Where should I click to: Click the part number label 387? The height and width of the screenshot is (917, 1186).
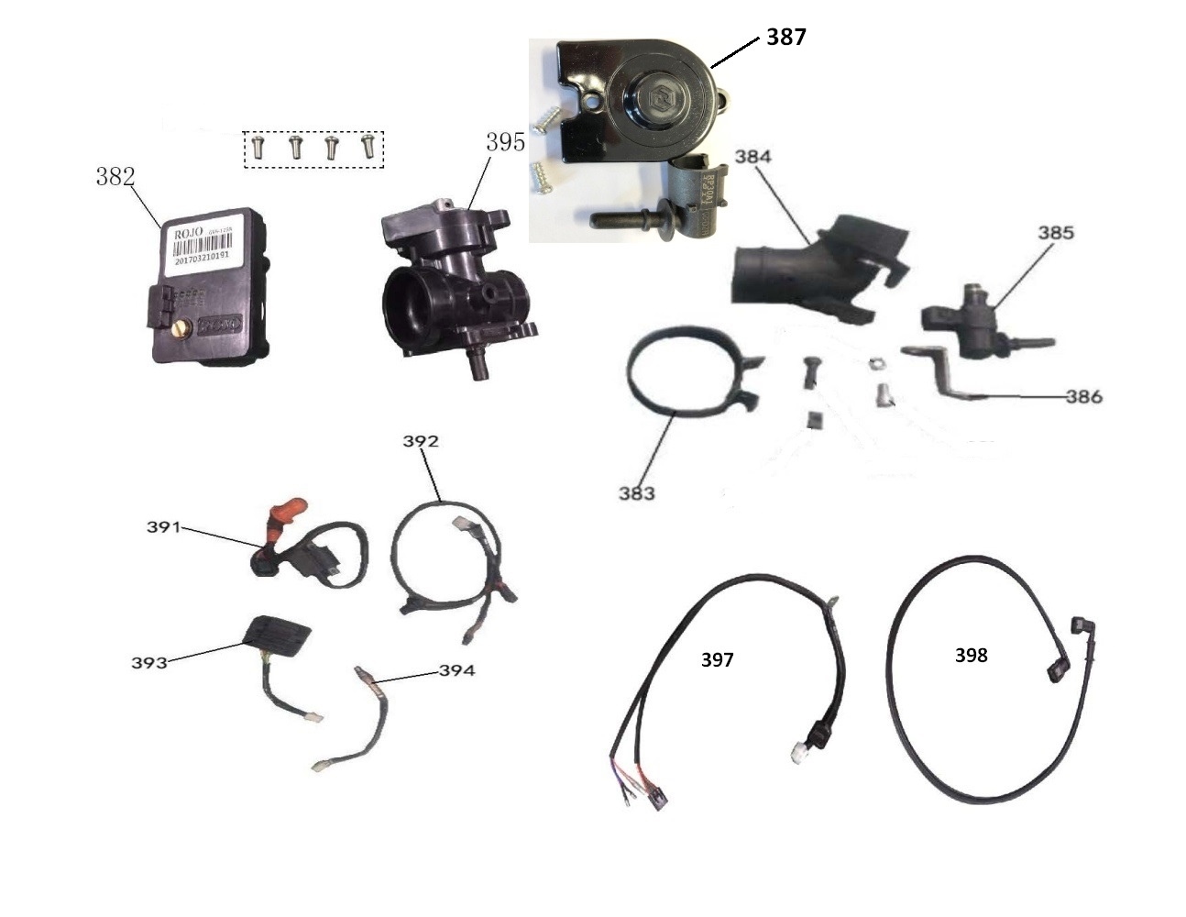785,38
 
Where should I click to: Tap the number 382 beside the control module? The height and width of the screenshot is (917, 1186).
115,177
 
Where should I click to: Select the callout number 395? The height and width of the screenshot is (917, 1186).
505,142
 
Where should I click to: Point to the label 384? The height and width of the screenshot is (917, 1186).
752,157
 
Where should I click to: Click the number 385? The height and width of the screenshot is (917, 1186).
1055,233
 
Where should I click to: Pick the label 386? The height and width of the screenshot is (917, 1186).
1083,397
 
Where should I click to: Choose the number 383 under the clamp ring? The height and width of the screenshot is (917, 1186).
636,493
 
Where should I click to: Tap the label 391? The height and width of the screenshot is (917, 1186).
164,527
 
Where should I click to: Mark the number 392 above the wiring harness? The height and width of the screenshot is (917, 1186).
421,441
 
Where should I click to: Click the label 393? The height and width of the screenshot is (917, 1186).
148,662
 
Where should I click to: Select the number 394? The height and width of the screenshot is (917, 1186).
456,670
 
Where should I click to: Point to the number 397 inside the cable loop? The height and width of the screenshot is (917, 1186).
717,659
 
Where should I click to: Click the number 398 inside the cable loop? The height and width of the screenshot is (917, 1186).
971,655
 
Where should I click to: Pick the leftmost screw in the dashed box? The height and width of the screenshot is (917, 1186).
258,147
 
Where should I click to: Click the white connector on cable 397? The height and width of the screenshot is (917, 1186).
796,750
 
